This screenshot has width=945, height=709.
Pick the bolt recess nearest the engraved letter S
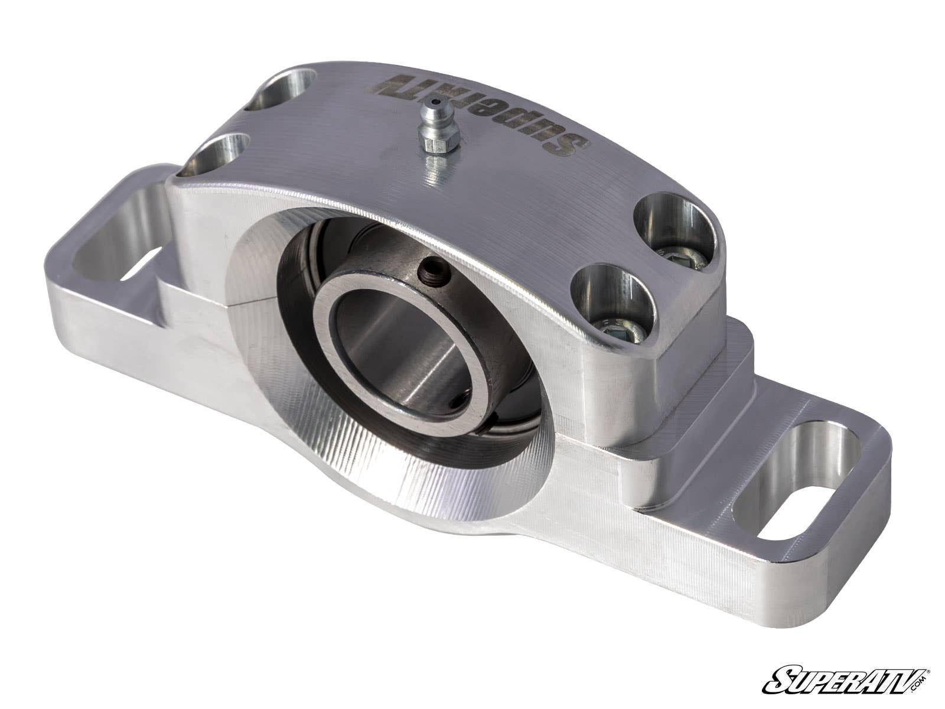pyautogui.click(x=674, y=226)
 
